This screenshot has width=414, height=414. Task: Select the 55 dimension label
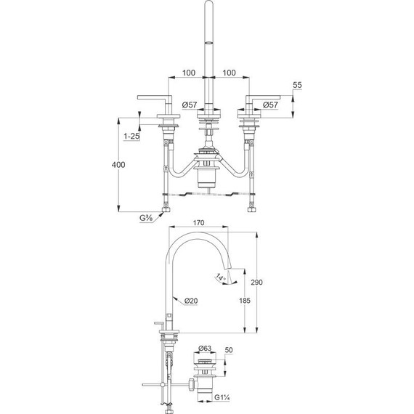pos(297,86)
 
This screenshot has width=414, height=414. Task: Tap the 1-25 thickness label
pos(132,136)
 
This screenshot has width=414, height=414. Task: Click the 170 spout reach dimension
pos(197,224)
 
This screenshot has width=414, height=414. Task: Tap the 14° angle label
pos(220,277)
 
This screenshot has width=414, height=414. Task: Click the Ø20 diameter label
pos(192,300)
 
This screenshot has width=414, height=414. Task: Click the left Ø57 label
pos(189,105)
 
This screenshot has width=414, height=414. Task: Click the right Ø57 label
pos(270,105)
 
